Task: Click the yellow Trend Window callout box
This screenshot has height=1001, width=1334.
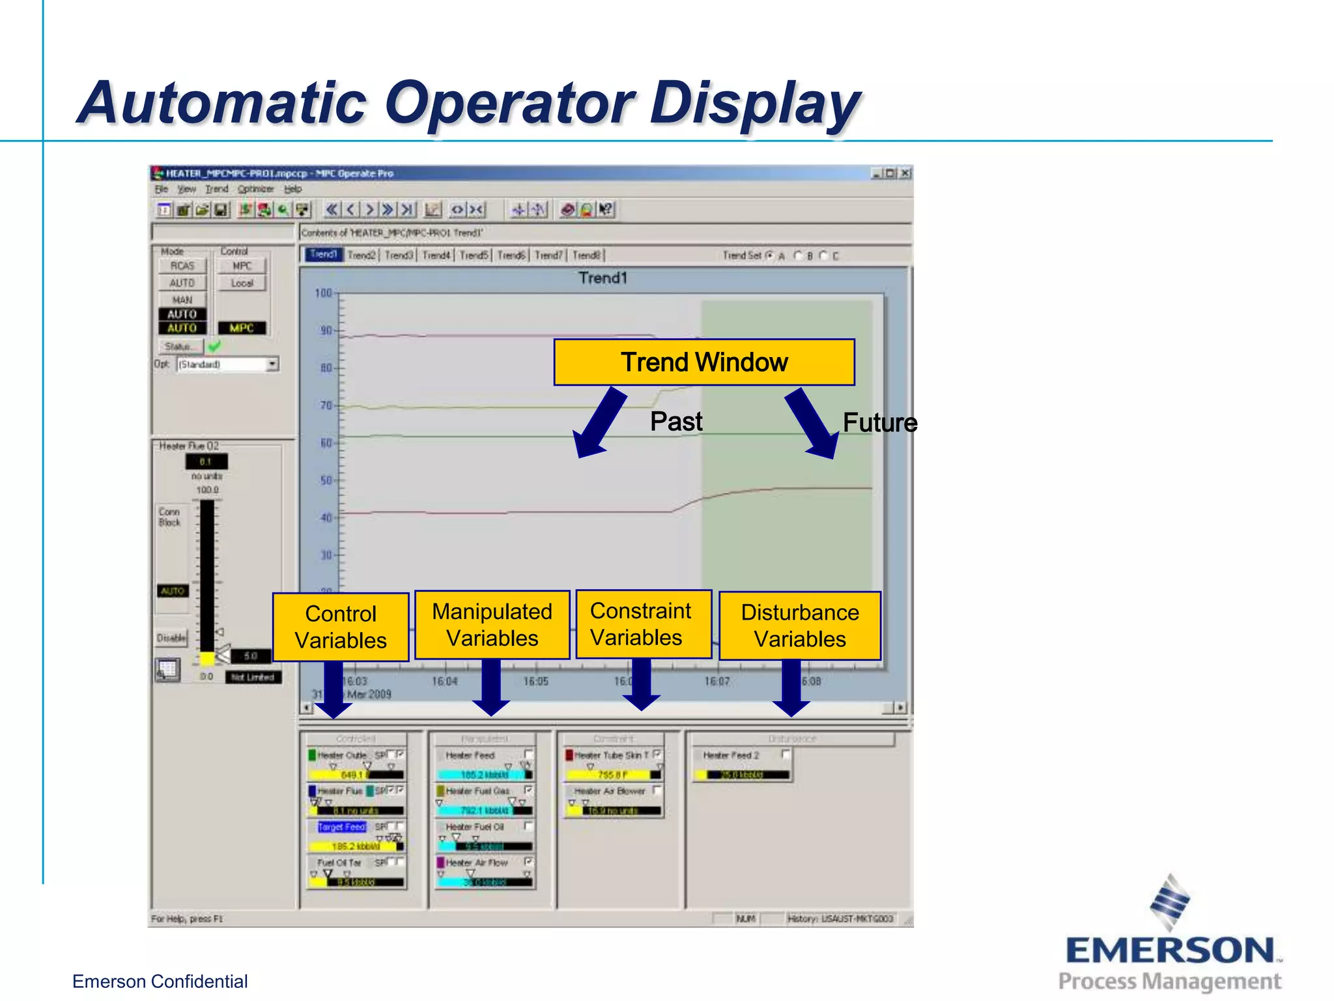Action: click(704, 362)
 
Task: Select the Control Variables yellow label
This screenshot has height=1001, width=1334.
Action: click(341, 627)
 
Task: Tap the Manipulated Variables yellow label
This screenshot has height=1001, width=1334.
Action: click(492, 625)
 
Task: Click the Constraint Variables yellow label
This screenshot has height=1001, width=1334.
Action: click(642, 624)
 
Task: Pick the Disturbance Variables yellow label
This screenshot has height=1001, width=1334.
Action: click(800, 626)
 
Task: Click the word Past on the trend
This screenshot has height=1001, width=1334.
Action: click(676, 422)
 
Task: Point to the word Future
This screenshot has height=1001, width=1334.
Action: click(879, 423)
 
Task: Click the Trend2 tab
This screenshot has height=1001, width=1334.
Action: click(362, 255)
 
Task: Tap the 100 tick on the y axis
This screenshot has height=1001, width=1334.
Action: click(324, 293)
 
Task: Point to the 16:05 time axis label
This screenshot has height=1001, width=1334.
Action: click(535, 682)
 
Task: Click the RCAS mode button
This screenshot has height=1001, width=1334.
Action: click(182, 266)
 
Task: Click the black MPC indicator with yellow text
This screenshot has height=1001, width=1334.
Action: click(242, 328)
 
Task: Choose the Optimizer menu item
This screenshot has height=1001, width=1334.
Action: click(255, 189)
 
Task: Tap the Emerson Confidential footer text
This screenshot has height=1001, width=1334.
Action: click(160, 981)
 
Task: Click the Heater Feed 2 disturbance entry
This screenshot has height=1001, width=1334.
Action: click(731, 755)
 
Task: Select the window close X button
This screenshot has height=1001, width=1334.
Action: click(905, 173)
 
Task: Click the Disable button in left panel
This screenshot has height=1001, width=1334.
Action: click(171, 638)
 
